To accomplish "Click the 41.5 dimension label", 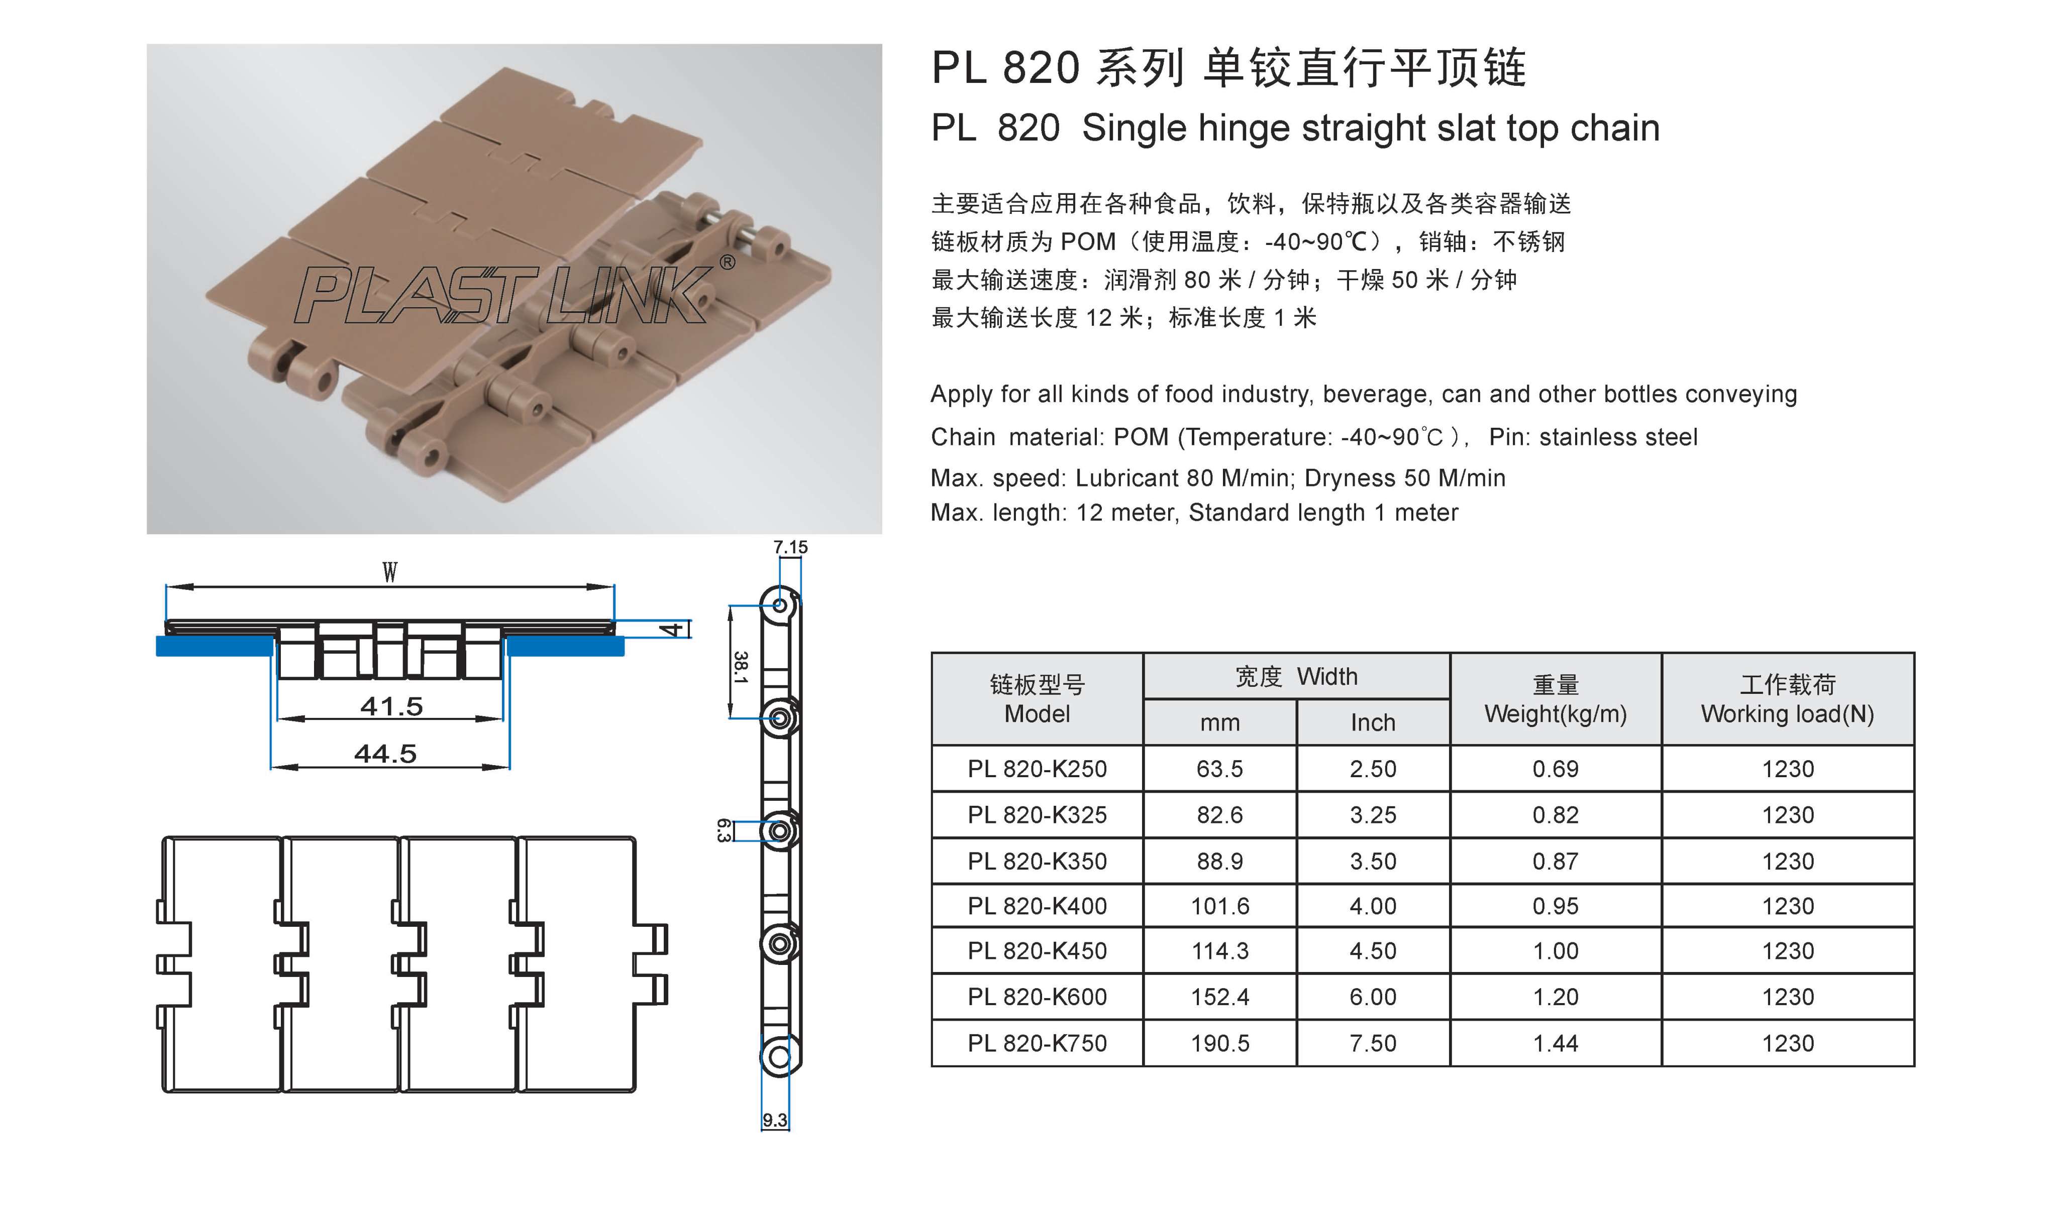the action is point(391,706).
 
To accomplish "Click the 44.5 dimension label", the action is point(385,753).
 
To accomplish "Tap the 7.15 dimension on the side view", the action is point(790,547).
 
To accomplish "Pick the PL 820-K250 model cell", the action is point(1037,769).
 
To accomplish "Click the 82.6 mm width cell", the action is point(1219,815).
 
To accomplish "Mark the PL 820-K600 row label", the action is point(1037,997).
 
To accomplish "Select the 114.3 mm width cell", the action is point(1219,951).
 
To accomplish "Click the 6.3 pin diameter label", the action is point(724,830).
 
